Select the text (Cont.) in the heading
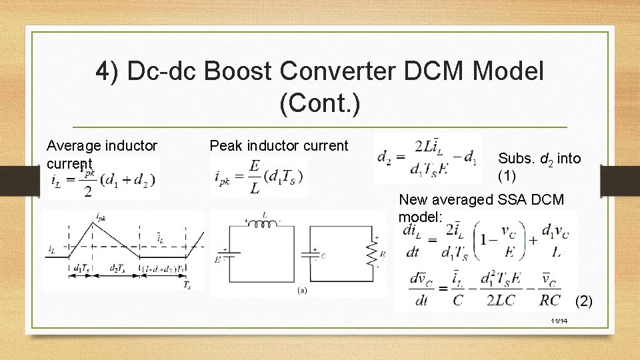point(320,103)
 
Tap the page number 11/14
point(559,321)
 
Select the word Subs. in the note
point(515,159)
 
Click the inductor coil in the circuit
point(265,223)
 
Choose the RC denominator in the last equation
point(550,300)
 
